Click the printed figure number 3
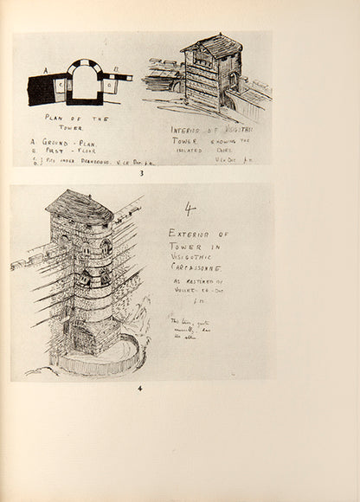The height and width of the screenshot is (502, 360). coord(141,173)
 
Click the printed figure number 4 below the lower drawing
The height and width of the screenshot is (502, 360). coord(141,388)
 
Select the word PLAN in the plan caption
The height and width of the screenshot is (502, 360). coord(55,116)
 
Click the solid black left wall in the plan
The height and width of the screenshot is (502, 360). coord(40,89)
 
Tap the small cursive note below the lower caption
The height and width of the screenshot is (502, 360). coord(189,327)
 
